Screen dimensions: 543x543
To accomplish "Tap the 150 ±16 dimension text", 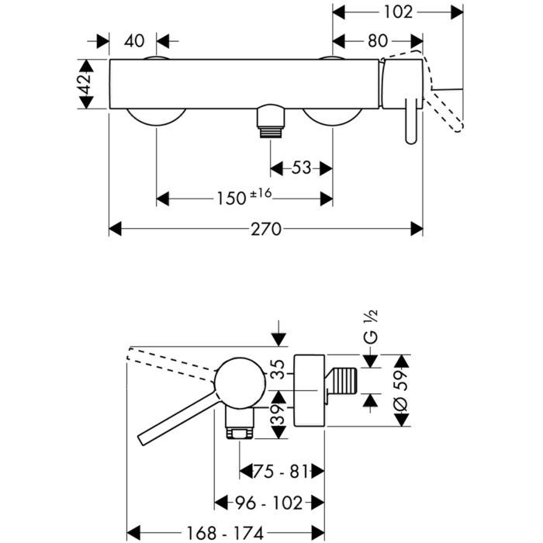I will [x=243, y=199].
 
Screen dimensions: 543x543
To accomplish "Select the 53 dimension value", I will [x=302, y=168].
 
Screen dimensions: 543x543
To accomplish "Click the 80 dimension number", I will [x=379, y=41].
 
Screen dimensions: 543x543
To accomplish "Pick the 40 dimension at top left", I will [x=133, y=41].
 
